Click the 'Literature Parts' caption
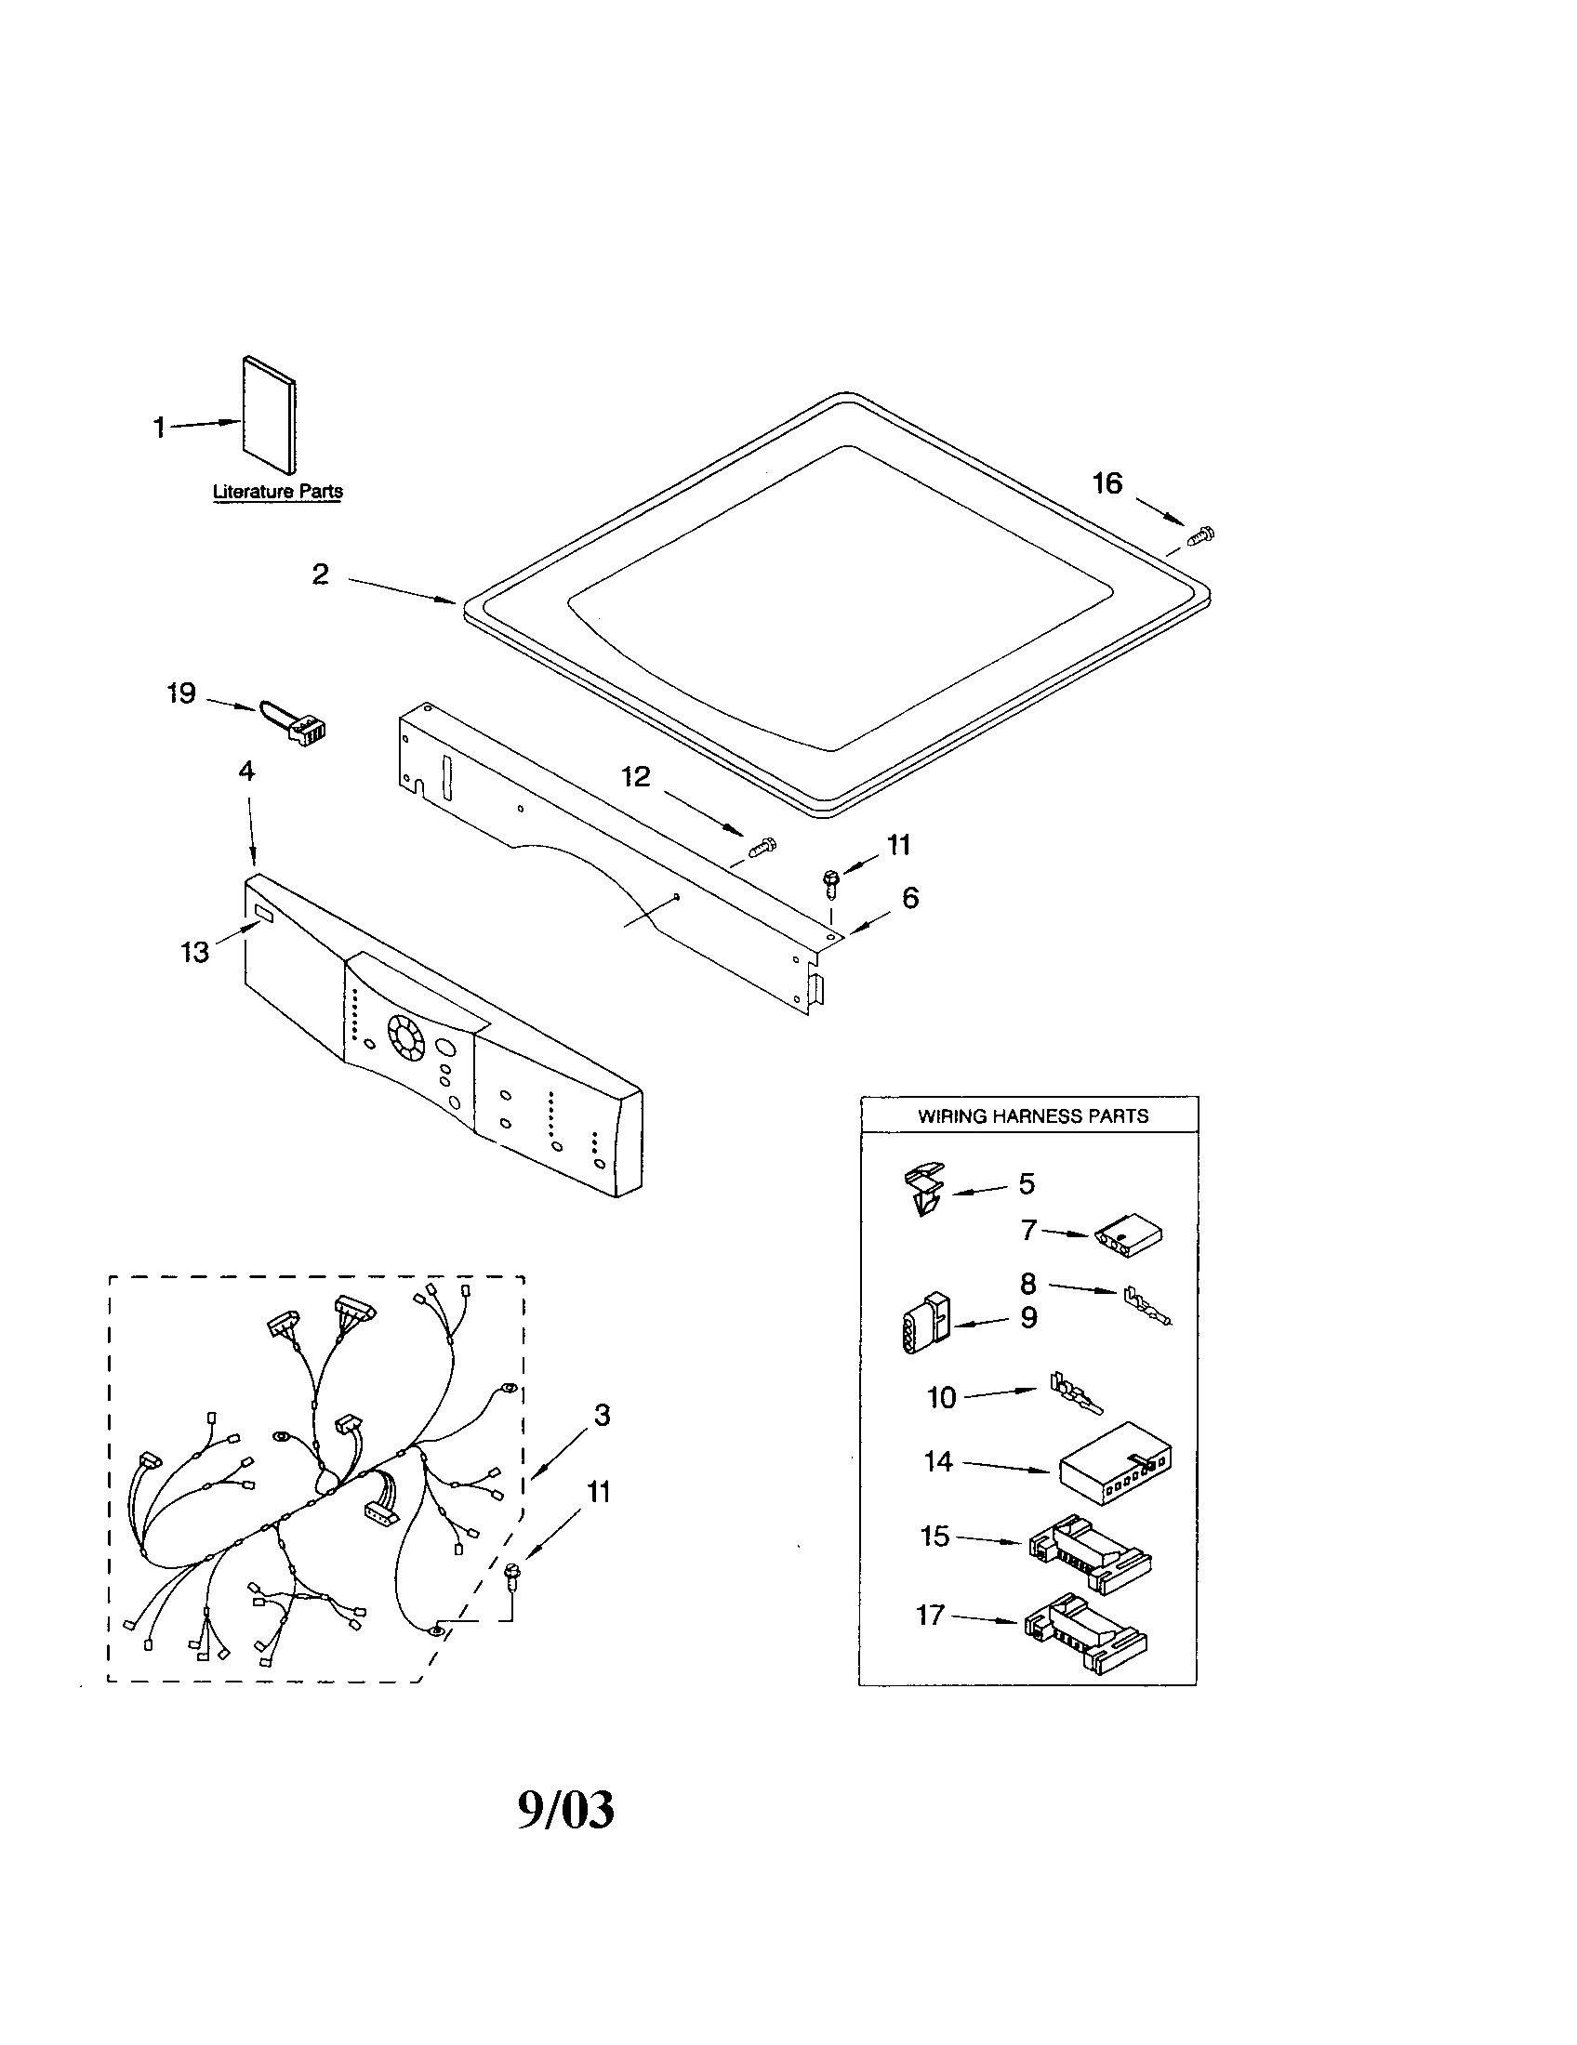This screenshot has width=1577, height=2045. click(277, 492)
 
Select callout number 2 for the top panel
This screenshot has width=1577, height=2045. click(320, 574)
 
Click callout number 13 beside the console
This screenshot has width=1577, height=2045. click(194, 952)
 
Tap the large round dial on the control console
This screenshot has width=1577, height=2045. click(406, 1037)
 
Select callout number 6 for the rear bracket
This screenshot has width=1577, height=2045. click(910, 898)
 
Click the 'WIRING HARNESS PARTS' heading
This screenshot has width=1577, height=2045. click(1032, 1116)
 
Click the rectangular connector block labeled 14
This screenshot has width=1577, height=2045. click(1115, 1462)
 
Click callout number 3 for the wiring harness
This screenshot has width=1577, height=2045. click(602, 1415)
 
